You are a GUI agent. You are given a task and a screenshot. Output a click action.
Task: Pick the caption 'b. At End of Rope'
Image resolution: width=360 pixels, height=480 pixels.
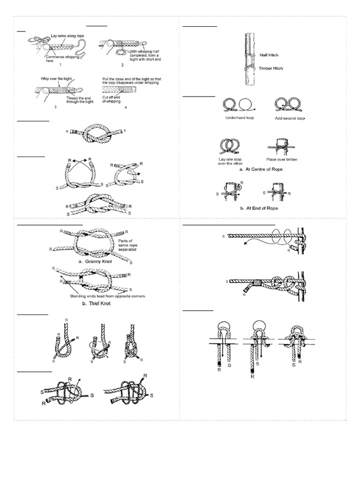pos(262,208)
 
